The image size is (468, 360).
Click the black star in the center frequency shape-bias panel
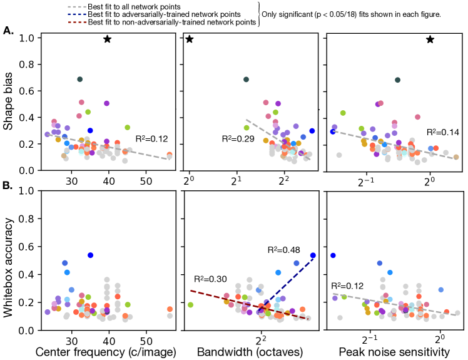(107, 39)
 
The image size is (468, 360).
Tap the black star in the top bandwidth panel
(190, 39)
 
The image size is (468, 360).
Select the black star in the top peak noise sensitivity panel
(430, 39)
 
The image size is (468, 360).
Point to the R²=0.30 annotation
(211, 279)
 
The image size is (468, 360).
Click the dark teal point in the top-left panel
(80, 79)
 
